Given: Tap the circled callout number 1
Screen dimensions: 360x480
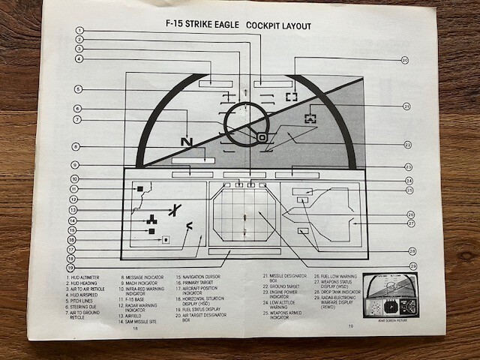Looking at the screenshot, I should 79,31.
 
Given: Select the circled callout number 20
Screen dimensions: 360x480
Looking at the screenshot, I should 404,60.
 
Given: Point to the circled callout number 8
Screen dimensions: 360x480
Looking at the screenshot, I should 76,146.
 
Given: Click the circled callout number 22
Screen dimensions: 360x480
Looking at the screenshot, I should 407,145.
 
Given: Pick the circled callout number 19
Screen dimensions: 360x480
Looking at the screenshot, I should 70,267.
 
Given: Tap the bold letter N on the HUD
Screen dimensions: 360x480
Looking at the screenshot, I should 187,142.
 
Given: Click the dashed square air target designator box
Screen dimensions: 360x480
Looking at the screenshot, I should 291,96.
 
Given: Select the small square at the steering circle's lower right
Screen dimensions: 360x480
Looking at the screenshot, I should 262,138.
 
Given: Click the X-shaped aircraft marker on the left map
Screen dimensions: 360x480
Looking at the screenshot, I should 174,210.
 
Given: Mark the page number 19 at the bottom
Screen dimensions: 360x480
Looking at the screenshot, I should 351,325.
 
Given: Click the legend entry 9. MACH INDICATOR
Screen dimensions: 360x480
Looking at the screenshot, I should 140,283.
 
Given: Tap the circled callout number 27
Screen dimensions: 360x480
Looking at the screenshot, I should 411,223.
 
